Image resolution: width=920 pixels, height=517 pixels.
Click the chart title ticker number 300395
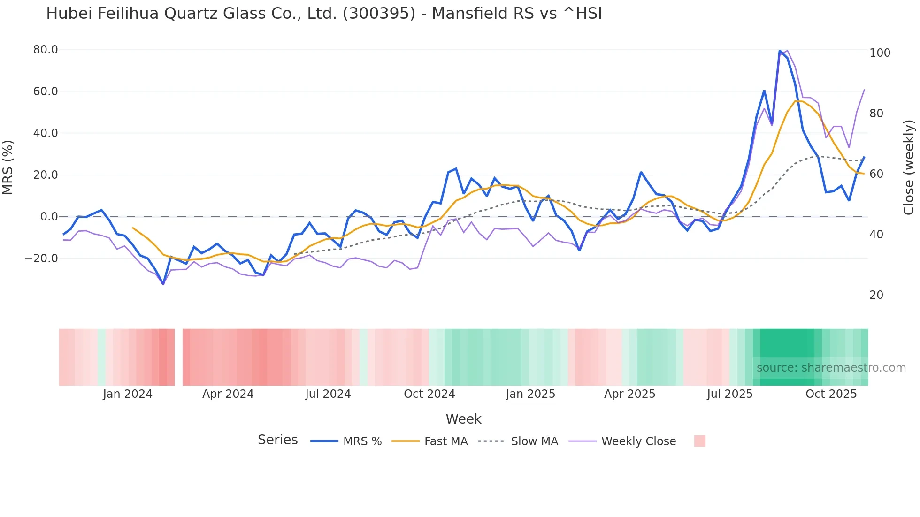click(x=379, y=14)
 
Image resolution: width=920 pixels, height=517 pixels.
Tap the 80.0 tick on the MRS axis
click(x=46, y=50)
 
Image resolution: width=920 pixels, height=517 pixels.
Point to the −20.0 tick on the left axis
click(x=41, y=258)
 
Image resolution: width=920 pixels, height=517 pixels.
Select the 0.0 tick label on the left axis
click(x=49, y=217)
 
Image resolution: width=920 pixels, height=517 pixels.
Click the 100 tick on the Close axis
click(x=880, y=53)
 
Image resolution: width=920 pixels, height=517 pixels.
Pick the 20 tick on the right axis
click(x=876, y=295)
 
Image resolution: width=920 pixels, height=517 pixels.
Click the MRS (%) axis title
click(x=8, y=167)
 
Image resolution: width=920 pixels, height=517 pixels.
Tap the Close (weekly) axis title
click(x=909, y=167)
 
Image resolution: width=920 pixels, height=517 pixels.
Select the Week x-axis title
click(x=463, y=419)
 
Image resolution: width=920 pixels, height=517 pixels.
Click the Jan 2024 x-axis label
click(x=128, y=394)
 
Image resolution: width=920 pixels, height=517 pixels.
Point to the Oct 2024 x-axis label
click(x=429, y=394)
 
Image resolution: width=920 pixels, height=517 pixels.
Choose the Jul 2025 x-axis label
click(x=729, y=394)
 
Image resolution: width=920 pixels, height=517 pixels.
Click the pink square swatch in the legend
click(x=699, y=441)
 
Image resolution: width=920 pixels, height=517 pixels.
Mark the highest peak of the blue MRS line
click(x=780, y=51)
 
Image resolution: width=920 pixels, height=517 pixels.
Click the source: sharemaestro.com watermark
click(x=831, y=368)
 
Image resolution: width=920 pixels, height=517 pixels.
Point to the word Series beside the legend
click(x=277, y=440)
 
